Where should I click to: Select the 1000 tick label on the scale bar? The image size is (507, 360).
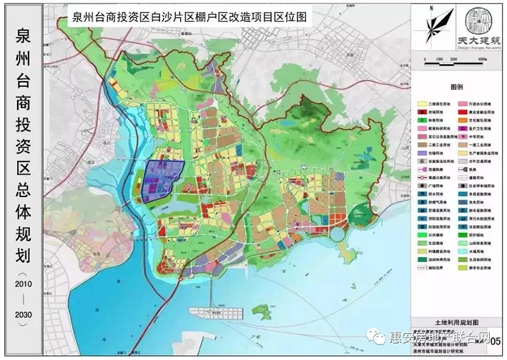tap(439, 59)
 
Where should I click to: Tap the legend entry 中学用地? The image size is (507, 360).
tap(475, 135)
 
